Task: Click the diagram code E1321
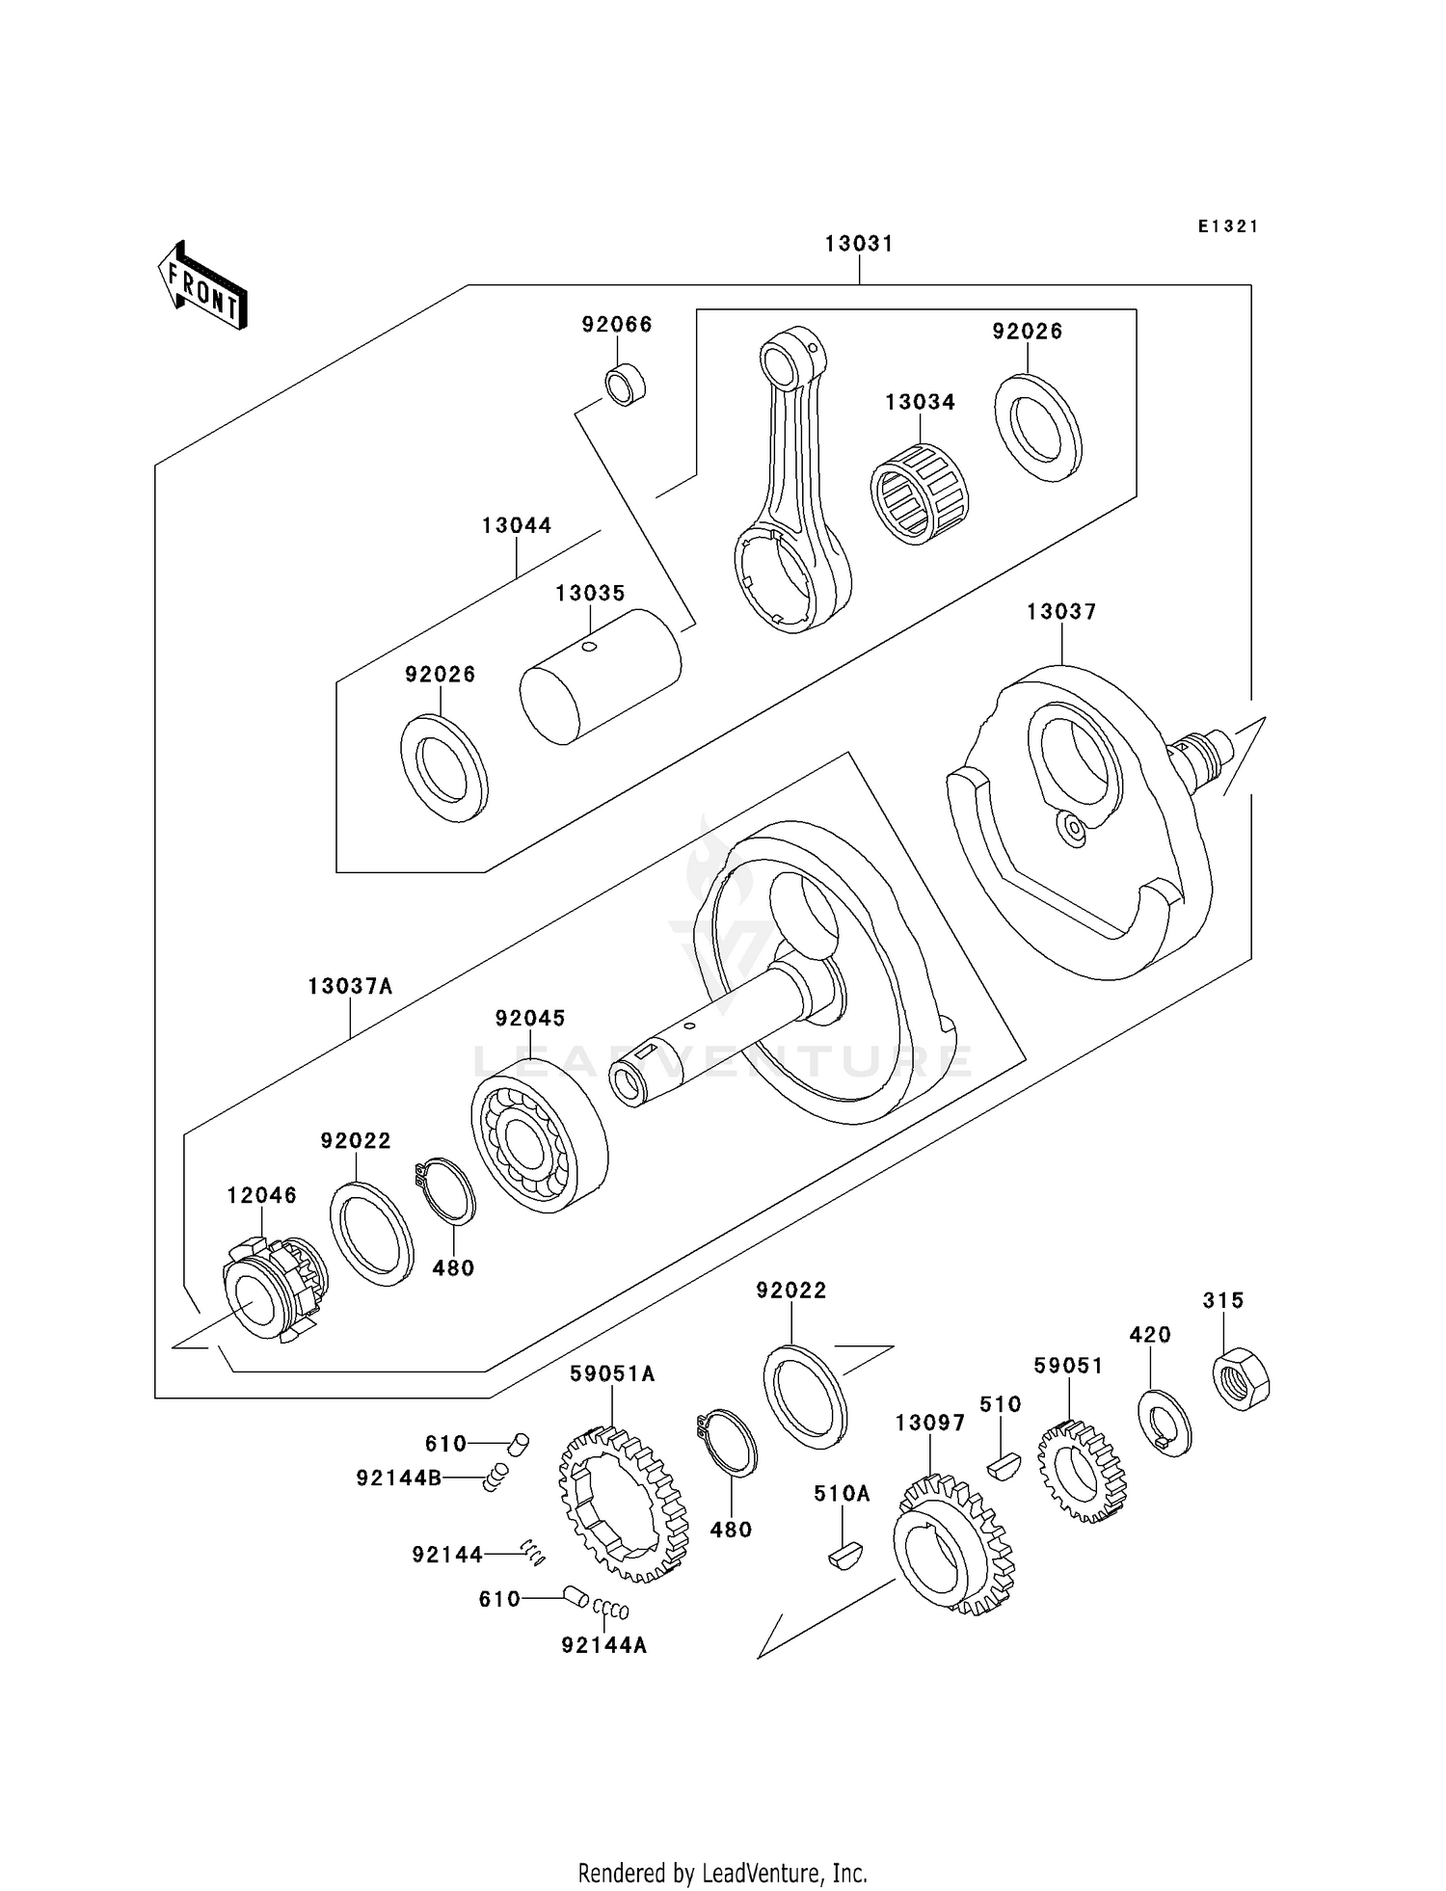pyautogui.click(x=1228, y=226)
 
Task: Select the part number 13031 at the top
pyautogui.click(x=859, y=244)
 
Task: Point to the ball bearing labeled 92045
pyautogui.click(x=538, y=1133)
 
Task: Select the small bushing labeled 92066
pyautogui.click(x=626, y=385)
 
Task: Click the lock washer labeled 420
pyautogui.click(x=1165, y=1423)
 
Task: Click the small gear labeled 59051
pyautogui.click(x=1082, y=1471)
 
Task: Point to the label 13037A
pyautogui.click(x=351, y=987)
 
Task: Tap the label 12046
pyautogui.click(x=261, y=1195)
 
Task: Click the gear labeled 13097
pyautogui.click(x=953, y=1551)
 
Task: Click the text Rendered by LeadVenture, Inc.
pyautogui.click(x=722, y=1873)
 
